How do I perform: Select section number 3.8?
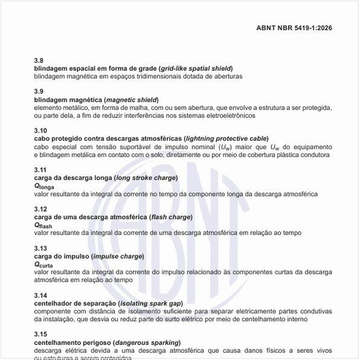tap(39, 60)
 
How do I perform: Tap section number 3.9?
tap(39, 91)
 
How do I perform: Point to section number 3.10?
tap(41, 130)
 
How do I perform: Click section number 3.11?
tap(41, 170)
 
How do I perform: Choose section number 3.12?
tap(41, 209)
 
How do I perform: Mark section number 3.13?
tap(41, 248)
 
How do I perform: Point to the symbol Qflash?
tap(43, 225)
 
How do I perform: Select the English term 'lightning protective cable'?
tap(226, 139)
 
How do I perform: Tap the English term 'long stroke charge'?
tap(147, 178)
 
